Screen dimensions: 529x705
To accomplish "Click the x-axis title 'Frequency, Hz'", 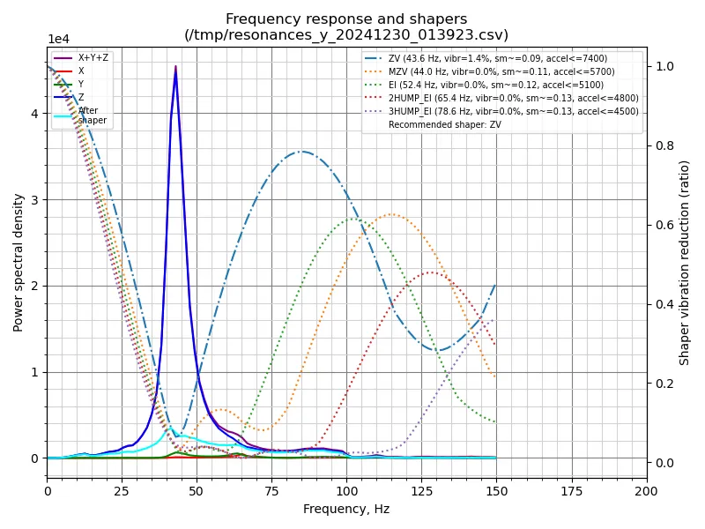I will tap(346, 509).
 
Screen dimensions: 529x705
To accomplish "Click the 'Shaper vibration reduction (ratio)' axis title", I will tap(685, 262).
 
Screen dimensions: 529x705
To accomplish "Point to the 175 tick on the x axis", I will tap(571, 490).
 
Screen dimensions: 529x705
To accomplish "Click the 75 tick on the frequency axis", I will tap(271, 490).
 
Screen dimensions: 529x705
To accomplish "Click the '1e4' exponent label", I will tap(58, 40).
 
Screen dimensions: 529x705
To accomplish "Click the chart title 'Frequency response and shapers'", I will tap(346, 19).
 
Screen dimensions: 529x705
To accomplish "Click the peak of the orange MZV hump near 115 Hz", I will tap(391, 214).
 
